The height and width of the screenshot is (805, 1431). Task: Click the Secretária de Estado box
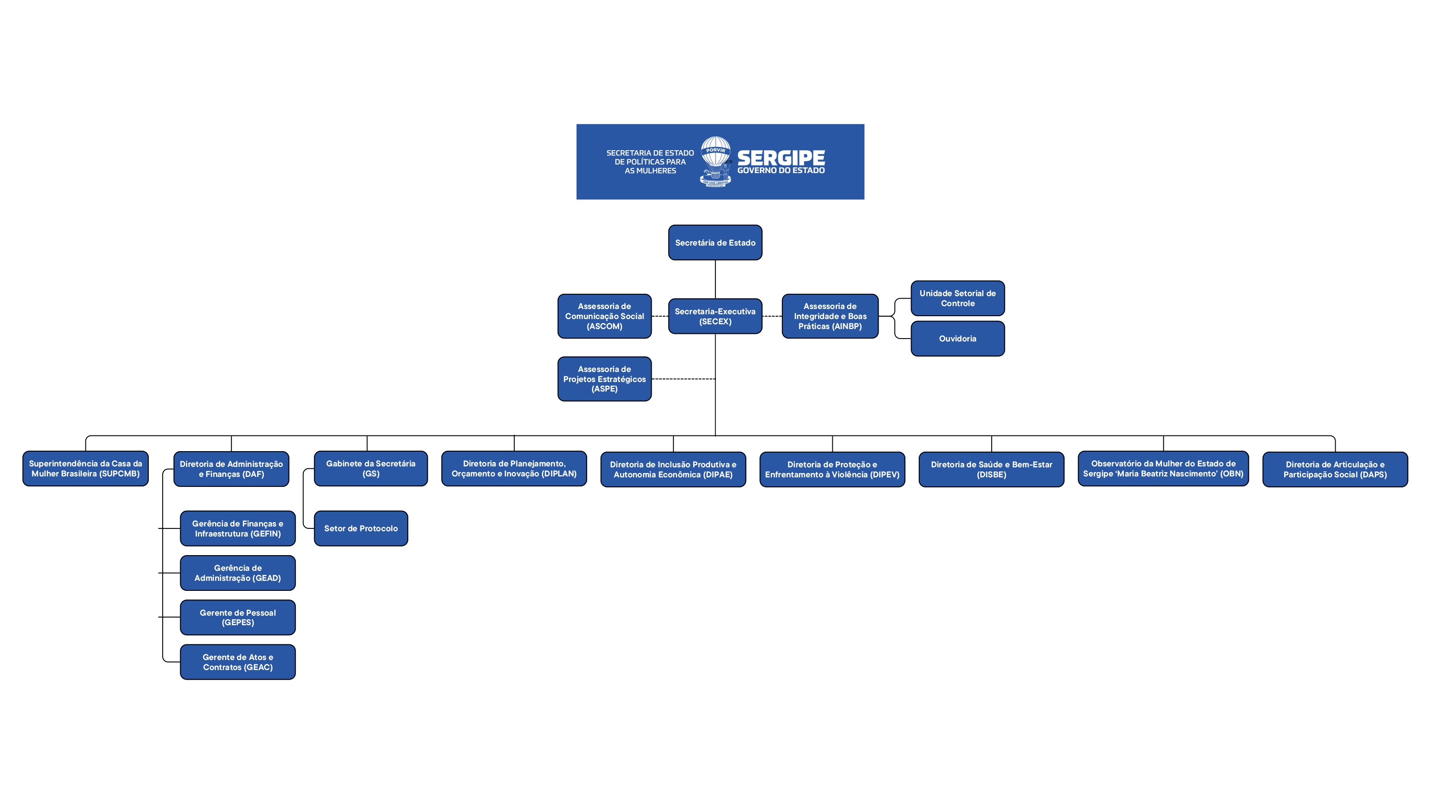coord(715,242)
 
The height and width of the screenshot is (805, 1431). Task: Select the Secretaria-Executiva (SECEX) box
coord(715,316)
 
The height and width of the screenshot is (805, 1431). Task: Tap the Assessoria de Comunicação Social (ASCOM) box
coord(604,316)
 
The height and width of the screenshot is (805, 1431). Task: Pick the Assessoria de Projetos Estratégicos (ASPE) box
coord(604,379)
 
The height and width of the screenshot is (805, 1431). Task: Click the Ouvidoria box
coord(958,338)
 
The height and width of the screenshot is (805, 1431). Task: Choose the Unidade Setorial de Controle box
coord(958,299)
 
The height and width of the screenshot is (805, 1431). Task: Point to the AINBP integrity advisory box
coord(830,316)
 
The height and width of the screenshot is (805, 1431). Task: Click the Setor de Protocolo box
coord(361,528)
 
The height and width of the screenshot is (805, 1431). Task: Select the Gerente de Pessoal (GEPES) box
coord(238,617)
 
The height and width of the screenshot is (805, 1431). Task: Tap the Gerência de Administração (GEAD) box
coord(238,573)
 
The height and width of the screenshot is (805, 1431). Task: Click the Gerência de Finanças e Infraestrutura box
coord(238,528)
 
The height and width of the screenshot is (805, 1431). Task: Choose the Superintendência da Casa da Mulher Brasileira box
coord(85,468)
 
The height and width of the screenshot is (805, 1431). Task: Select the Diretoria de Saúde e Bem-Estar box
coord(992,469)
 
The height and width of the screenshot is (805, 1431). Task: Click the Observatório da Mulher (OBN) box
coord(1163,468)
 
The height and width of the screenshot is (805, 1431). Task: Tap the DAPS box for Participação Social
coord(1335,469)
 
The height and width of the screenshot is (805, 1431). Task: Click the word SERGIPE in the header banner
coord(781,158)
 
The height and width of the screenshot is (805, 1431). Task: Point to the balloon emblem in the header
coord(715,161)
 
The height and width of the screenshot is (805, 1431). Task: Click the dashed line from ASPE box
coord(683,379)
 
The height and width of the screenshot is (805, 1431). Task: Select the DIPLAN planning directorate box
coord(514,468)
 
